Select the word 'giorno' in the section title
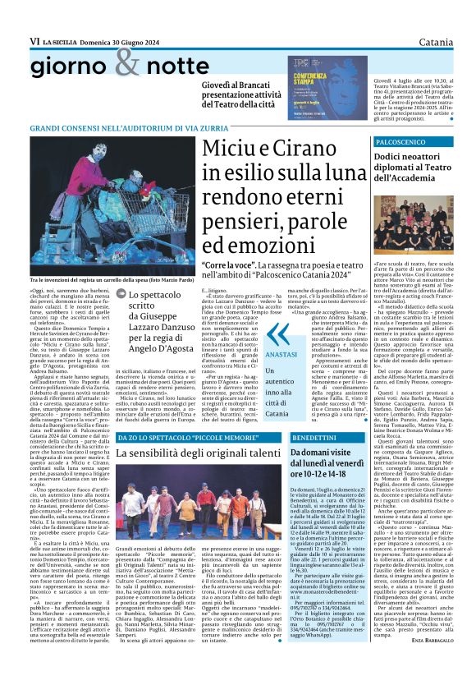[66, 69]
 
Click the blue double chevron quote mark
[279, 333]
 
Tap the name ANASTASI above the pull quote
[282, 354]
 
